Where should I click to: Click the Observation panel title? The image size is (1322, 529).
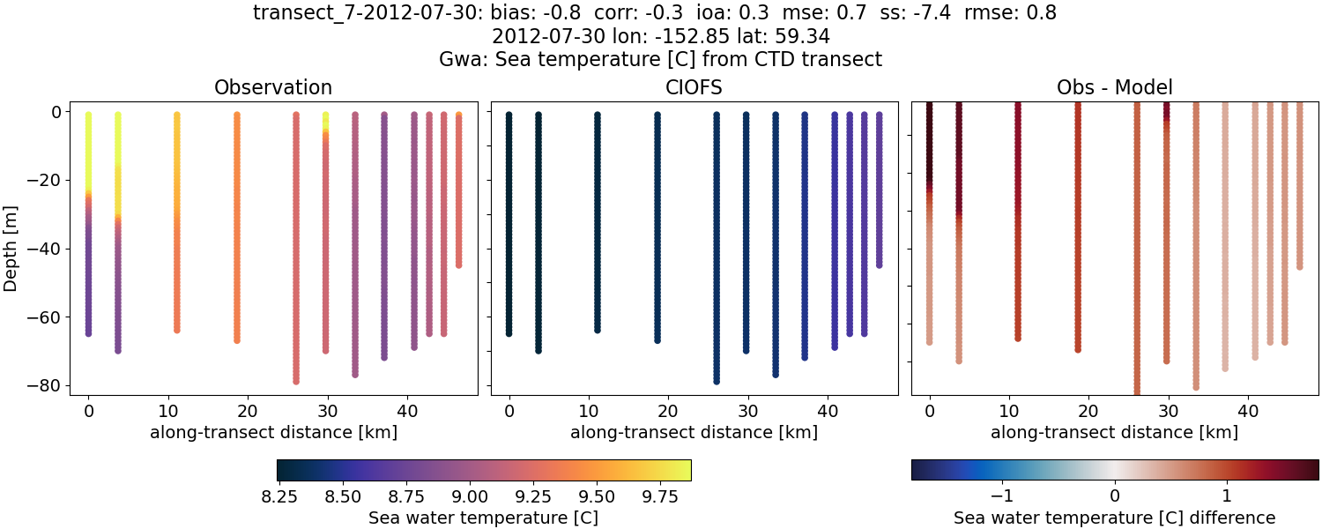point(273,87)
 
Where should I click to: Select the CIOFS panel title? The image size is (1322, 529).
point(694,87)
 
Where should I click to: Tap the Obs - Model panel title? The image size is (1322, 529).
point(1114,87)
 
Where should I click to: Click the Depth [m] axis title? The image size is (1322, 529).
point(11,249)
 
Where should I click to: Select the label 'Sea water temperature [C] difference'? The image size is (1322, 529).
point(1114,518)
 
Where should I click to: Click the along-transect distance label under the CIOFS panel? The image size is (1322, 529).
point(694,432)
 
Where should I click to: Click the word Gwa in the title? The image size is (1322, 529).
point(457,60)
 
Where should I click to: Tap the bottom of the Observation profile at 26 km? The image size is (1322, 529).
point(296,381)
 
